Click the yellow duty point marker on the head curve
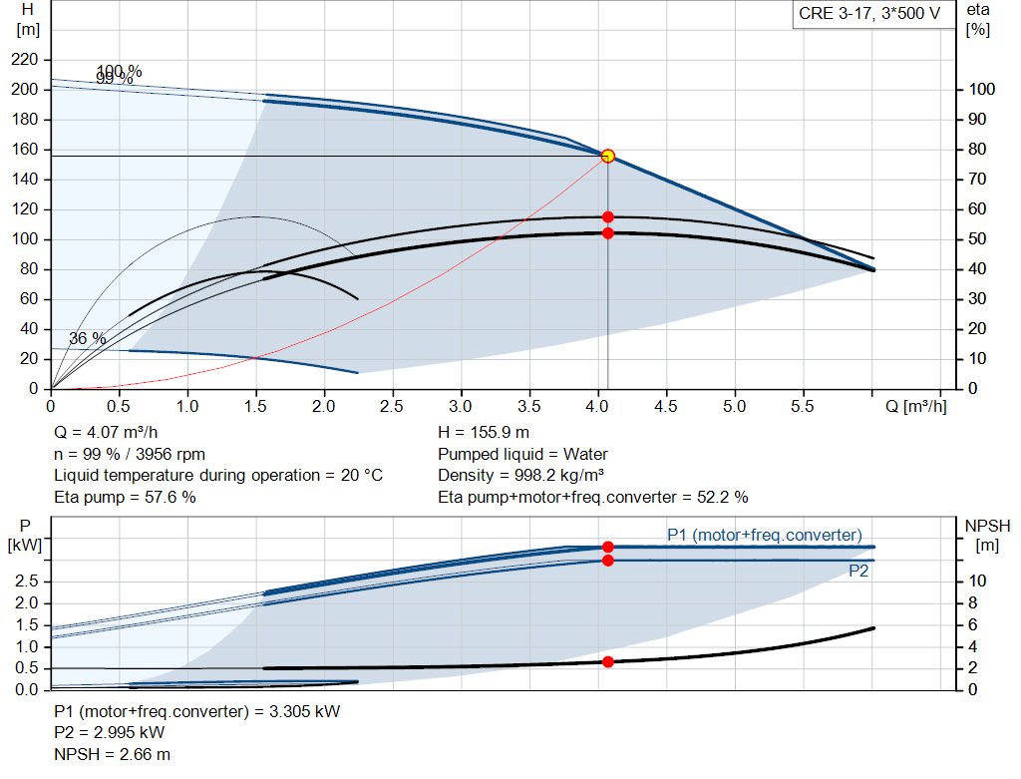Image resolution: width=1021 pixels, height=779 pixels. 608,156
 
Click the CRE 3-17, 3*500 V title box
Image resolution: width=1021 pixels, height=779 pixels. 868,15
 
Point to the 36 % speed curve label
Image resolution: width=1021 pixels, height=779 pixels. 87,339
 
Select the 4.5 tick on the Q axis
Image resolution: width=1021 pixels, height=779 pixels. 666,407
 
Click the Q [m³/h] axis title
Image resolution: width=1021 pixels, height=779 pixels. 914,407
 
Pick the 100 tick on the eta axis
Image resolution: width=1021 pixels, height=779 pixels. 981,90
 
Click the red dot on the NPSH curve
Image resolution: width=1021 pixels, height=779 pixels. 608,661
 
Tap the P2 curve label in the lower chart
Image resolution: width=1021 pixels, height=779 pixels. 858,572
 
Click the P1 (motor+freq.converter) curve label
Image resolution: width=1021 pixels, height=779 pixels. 765,536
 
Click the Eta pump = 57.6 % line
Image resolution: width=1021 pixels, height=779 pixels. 125,497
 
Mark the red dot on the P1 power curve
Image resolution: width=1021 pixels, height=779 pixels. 608,547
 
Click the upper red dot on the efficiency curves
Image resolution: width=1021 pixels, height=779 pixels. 608,216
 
